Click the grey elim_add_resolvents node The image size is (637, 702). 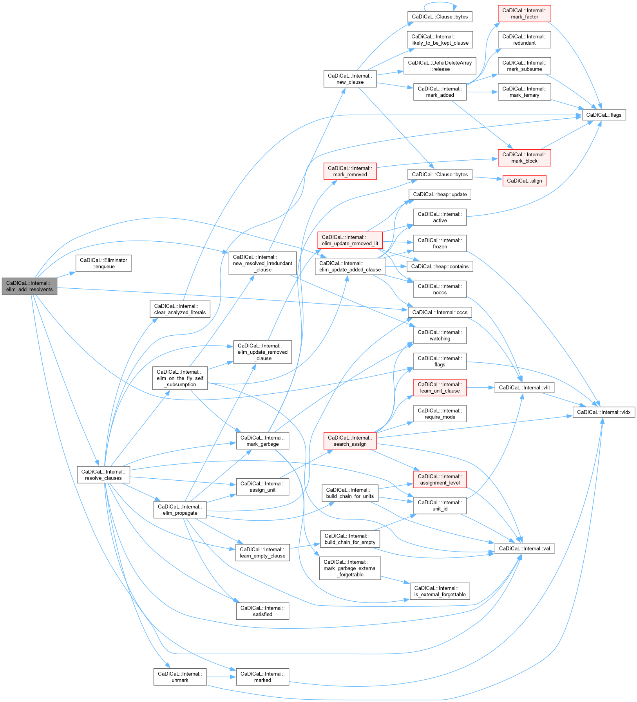pos(29,286)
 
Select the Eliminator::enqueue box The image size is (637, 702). pos(103,263)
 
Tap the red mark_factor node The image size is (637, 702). pos(524,14)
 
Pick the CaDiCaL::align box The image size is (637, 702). pos(524,181)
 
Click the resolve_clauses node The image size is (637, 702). pos(103,475)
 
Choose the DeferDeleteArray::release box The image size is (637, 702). pos(440,66)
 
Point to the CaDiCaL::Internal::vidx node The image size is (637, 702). pos(604,412)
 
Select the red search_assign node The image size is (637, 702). pos(350,441)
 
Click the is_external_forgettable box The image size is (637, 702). pos(440,591)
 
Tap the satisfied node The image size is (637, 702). pos(262,611)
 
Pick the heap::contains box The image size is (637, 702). pos(440,266)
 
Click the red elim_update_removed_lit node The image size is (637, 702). pos(350,240)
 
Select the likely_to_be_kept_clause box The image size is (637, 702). pos(440,40)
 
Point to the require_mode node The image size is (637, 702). pos(440,414)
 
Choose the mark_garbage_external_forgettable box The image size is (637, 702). pos(350,568)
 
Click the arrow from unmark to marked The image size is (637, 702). pos(221,677)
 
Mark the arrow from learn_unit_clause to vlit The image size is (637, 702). pos(480,387)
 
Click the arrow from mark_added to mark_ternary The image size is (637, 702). pos(482,92)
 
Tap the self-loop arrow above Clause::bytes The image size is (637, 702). pos(440,3)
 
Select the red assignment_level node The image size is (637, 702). pos(440,479)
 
